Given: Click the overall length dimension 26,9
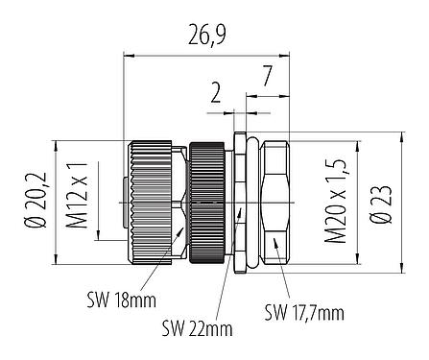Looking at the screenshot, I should coord(208,39).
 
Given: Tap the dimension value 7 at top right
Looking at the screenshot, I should coord(267,73).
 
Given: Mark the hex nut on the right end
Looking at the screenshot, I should coord(276,204).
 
